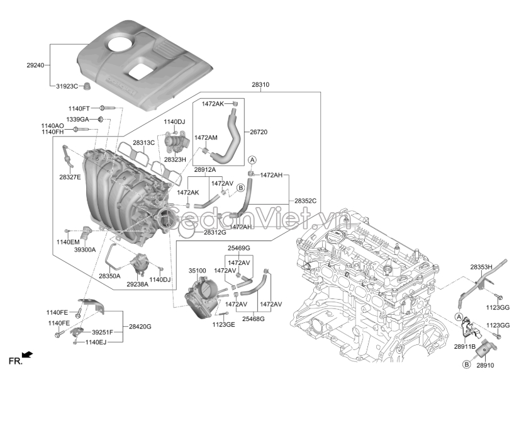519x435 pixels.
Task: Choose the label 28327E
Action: (x=70, y=178)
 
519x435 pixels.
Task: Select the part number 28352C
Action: (x=305, y=201)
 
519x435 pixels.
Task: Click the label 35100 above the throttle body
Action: (x=198, y=271)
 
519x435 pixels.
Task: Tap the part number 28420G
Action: (x=140, y=327)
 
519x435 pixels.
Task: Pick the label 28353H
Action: (x=482, y=267)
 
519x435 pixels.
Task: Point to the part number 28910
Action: (x=486, y=364)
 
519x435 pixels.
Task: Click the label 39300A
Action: (x=84, y=249)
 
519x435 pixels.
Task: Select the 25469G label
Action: (x=238, y=247)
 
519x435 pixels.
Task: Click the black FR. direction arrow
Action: (x=27, y=356)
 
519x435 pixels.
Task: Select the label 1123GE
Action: (x=223, y=324)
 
